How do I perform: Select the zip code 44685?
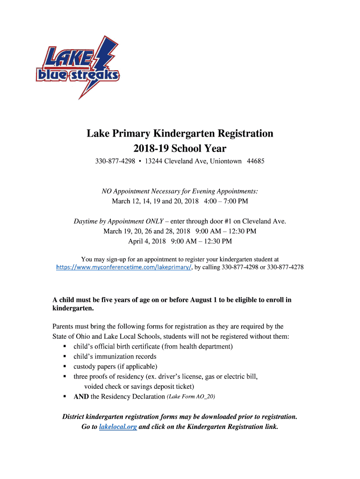255,161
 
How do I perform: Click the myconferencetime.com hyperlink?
124,267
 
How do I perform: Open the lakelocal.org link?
118,427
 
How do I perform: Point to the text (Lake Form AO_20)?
191,397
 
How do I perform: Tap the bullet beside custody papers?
64,366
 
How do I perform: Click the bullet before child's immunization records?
64,356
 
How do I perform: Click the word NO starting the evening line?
107,191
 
